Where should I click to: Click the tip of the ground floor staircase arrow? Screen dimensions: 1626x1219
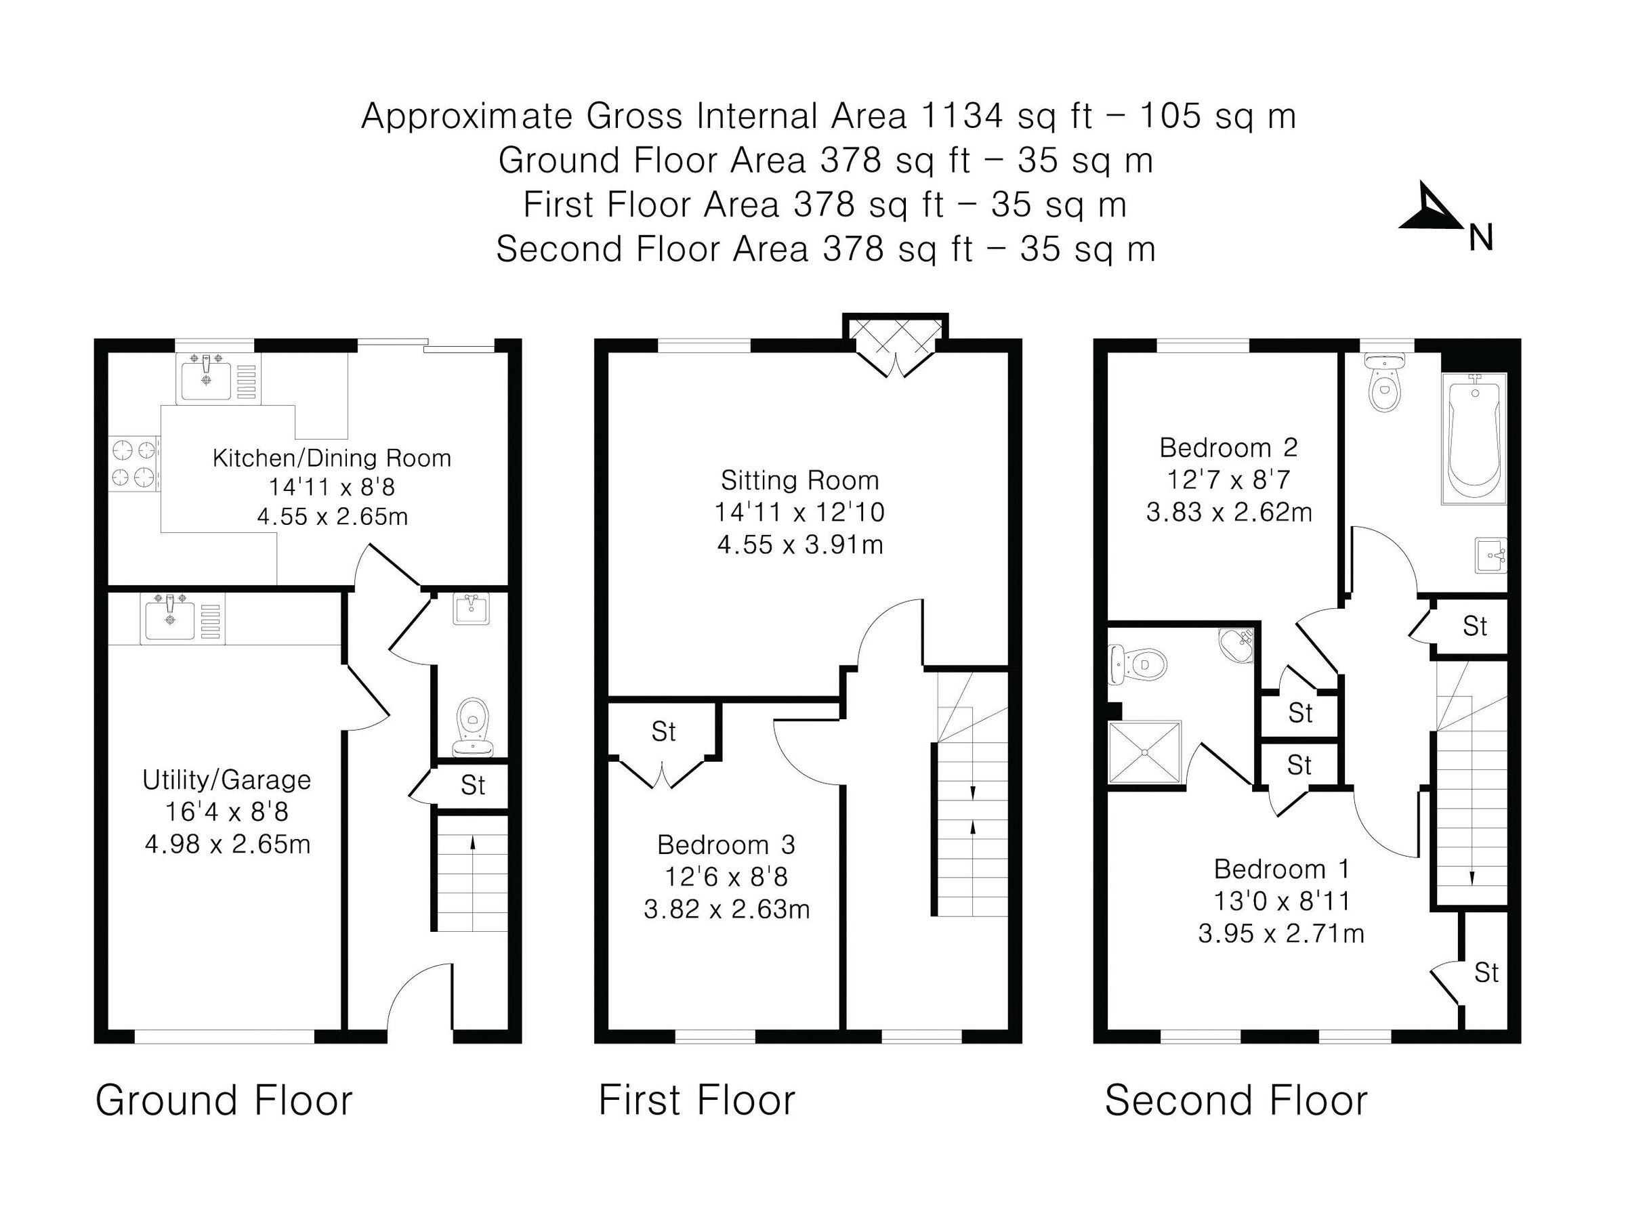pos(473,837)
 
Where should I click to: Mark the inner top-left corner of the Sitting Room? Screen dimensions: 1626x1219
pos(608,353)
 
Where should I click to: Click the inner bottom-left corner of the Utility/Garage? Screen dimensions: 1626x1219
pos(109,1029)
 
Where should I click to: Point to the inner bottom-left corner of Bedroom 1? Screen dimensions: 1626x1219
pos(1108,1029)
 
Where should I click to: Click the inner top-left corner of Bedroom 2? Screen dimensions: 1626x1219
pos(1108,353)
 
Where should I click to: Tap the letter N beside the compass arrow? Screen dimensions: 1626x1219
pos(1481,239)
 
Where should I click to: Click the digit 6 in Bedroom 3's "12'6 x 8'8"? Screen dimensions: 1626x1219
pos(704,877)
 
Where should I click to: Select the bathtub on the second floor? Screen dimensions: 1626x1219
pos(1474,439)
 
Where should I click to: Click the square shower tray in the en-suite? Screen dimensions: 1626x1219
pos(1144,752)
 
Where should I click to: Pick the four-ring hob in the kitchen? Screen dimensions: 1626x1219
pos(135,463)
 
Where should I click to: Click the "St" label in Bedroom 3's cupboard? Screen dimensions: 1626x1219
pos(663,732)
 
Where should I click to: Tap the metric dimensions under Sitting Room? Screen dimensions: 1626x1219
pos(799,545)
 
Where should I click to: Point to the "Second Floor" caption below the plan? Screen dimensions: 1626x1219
pos(1236,1100)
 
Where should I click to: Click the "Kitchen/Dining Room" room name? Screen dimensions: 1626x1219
pos(331,458)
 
